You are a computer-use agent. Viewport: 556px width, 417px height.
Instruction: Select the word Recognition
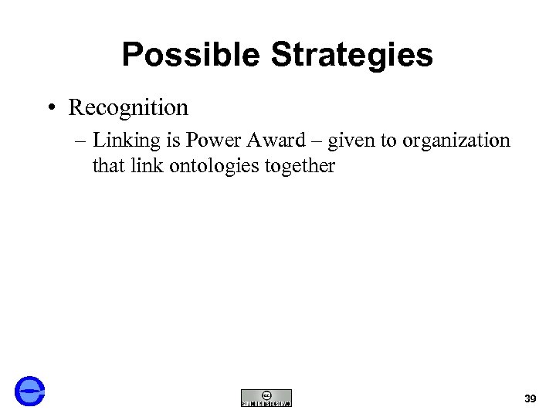point(128,107)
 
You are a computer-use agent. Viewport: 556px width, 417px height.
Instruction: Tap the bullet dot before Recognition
point(49,108)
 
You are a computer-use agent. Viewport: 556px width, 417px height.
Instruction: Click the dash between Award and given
point(317,141)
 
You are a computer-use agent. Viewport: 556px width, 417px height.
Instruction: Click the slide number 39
point(530,398)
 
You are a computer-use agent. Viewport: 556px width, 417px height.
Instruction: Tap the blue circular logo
point(30,391)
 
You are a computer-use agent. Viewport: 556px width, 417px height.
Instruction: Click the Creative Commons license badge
point(266,398)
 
